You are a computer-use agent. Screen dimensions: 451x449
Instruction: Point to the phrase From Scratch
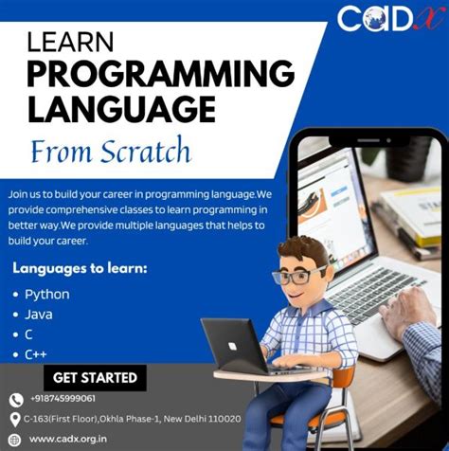pyautogui.click(x=111, y=152)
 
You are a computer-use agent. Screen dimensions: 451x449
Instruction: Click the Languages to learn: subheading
pyautogui.click(x=80, y=269)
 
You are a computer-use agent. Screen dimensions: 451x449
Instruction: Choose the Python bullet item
pyautogui.click(x=46, y=294)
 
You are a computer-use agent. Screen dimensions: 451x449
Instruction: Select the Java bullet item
pyautogui.click(x=39, y=314)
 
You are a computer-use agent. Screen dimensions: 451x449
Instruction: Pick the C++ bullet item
pyautogui.click(x=37, y=353)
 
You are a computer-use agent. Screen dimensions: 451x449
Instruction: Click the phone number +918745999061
pyautogui.click(x=63, y=399)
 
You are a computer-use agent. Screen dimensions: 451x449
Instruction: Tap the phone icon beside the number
pyautogui.click(x=15, y=400)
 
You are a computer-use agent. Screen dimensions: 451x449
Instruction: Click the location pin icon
pyautogui.click(x=15, y=419)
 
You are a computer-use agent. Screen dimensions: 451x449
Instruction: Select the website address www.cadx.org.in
pyautogui.click(x=67, y=439)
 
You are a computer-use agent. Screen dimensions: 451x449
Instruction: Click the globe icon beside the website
pyautogui.click(x=15, y=439)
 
